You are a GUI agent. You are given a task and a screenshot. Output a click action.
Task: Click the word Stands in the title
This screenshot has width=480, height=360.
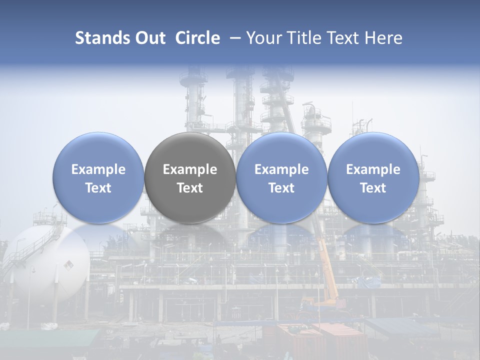(x=102, y=38)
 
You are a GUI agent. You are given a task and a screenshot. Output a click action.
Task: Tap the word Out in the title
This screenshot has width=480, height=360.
(x=149, y=38)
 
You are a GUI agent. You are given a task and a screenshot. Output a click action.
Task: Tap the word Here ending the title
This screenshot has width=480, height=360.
(x=384, y=38)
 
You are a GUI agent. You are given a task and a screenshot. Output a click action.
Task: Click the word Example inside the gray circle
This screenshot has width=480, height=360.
(x=190, y=169)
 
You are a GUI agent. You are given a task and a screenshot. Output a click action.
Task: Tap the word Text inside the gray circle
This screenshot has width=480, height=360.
(x=190, y=188)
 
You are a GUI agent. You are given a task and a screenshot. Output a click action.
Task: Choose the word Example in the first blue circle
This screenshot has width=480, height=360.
(x=98, y=169)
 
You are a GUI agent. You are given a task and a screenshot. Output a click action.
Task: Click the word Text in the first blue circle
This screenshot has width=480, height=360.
(x=98, y=188)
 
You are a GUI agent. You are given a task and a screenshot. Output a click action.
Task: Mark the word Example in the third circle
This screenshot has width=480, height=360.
(x=281, y=169)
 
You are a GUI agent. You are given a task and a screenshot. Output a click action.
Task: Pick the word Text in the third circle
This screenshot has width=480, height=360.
(x=281, y=188)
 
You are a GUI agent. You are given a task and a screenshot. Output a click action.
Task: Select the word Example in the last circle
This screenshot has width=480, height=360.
(x=373, y=169)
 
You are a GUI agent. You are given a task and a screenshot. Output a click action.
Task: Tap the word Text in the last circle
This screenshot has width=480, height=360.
(x=373, y=188)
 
